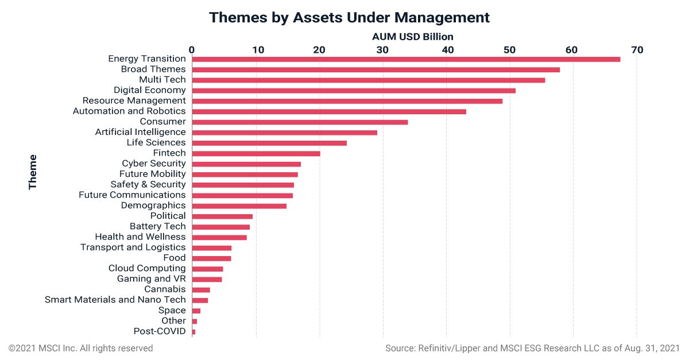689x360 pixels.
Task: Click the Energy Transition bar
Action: tap(406, 59)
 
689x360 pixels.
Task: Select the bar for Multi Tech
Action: tap(369, 80)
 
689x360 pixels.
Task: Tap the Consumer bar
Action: tap(300, 122)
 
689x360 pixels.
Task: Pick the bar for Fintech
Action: tap(256, 153)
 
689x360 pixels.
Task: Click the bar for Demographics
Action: tap(239, 206)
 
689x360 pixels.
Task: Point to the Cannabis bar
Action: tap(201, 290)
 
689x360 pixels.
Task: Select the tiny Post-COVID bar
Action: tap(193, 332)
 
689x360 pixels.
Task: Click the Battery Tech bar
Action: tap(221, 227)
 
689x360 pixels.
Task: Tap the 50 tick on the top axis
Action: tap(509, 50)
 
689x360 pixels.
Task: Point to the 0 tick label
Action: tap(192, 50)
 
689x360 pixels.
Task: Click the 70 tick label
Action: tap(637, 50)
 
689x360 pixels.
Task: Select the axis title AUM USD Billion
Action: tap(412, 37)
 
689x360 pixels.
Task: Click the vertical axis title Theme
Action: tap(33, 172)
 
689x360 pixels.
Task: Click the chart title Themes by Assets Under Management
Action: tap(349, 17)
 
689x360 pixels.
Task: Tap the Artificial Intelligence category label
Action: tap(140, 132)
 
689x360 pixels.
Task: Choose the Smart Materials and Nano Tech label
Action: tap(115, 299)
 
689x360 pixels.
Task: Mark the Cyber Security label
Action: tap(154, 164)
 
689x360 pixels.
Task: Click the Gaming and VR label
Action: tap(152, 279)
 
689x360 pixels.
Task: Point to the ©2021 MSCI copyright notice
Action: tap(80, 349)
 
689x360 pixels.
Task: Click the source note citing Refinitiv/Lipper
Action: tap(532, 349)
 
